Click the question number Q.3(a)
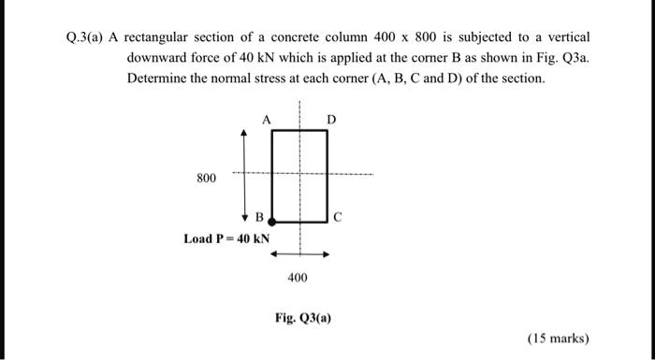point(86,36)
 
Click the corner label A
point(267,121)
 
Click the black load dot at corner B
point(272,223)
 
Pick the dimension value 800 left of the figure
point(206,176)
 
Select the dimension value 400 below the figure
point(298,278)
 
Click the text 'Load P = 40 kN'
point(226,238)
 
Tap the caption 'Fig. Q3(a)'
point(301,316)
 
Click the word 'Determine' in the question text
point(155,78)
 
